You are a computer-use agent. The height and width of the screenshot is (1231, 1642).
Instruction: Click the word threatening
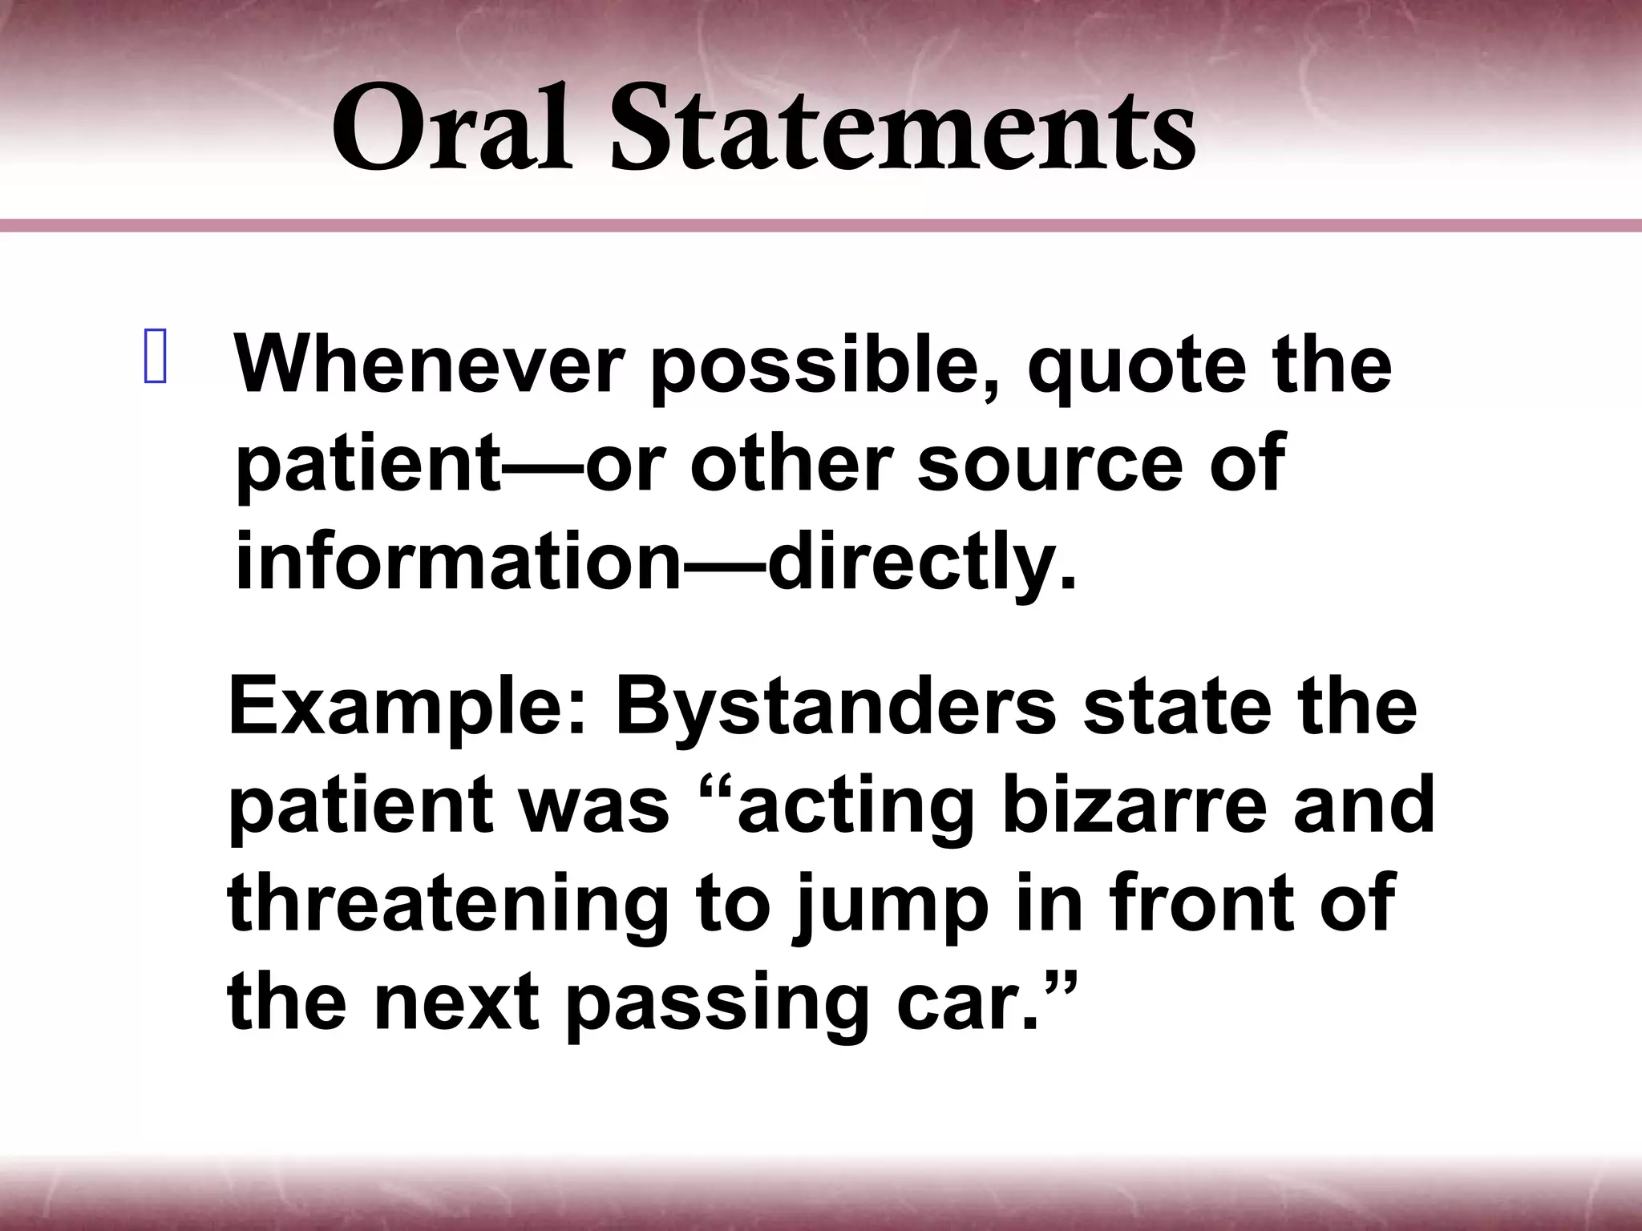point(449,906)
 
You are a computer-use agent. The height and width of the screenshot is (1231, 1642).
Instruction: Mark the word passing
point(718,1006)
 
